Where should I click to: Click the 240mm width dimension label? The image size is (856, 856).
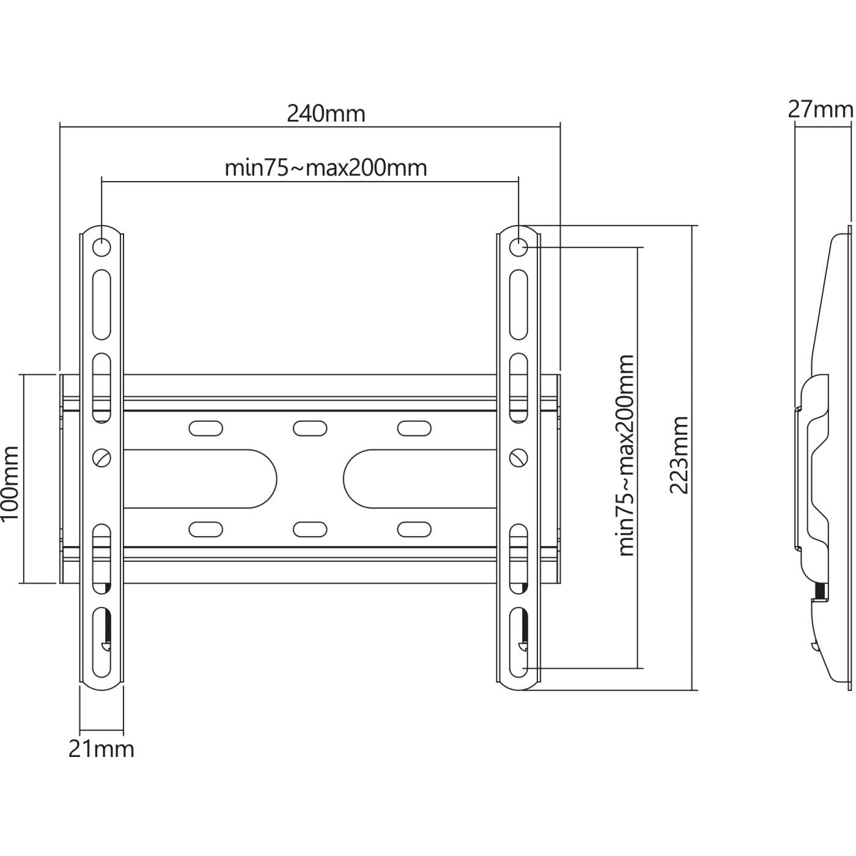pyautogui.click(x=326, y=114)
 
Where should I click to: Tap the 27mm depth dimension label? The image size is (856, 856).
pyautogui.click(x=820, y=109)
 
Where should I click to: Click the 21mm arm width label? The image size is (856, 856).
pyautogui.click(x=101, y=749)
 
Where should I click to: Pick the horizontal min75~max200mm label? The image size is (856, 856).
pyautogui.click(x=326, y=168)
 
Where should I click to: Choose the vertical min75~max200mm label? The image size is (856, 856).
pyautogui.click(x=626, y=455)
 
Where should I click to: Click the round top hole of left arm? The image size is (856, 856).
pyautogui.click(x=101, y=248)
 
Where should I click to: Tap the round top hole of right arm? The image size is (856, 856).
pyautogui.click(x=518, y=248)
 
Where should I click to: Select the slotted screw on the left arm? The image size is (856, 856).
pyautogui.click(x=101, y=457)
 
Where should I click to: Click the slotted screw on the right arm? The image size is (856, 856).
pyautogui.click(x=518, y=457)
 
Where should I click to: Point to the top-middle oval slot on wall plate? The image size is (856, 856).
pyautogui.click(x=310, y=428)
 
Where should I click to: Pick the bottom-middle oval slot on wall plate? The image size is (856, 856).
pyautogui.click(x=310, y=529)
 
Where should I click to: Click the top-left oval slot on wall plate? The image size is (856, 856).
pyautogui.click(x=205, y=428)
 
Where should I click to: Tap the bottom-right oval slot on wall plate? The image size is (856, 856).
pyautogui.click(x=414, y=529)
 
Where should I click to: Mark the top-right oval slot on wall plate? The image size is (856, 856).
pyautogui.click(x=414, y=428)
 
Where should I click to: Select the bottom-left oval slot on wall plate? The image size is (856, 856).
pyautogui.click(x=205, y=529)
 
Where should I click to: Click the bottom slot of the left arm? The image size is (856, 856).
pyautogui.click(x=101, y=642)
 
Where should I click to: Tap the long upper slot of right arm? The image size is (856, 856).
pyautogui.click(x=518, y=305)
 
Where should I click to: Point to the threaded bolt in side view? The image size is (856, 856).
pyautogui.click(x=821, y=591)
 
